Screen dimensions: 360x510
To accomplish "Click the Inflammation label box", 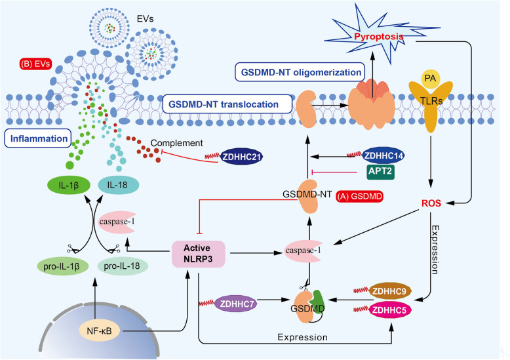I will tap(37, 139).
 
